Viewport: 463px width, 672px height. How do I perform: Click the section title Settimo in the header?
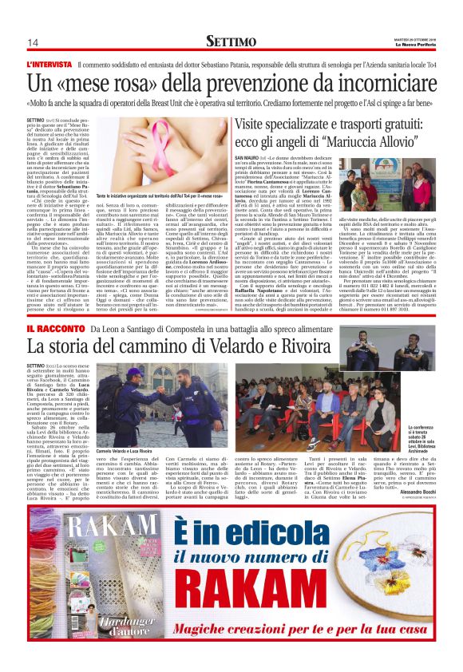231,40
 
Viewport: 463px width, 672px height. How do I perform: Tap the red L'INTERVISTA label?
51,63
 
